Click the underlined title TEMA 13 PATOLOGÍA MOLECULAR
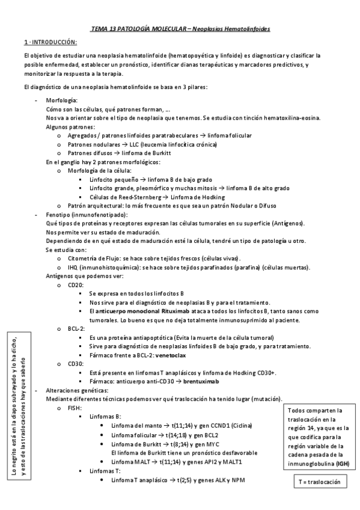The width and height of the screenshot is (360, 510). click(138, 28)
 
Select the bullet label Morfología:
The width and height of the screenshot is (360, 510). click(61, 100)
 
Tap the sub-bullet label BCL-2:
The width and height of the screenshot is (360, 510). click(76, 329)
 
